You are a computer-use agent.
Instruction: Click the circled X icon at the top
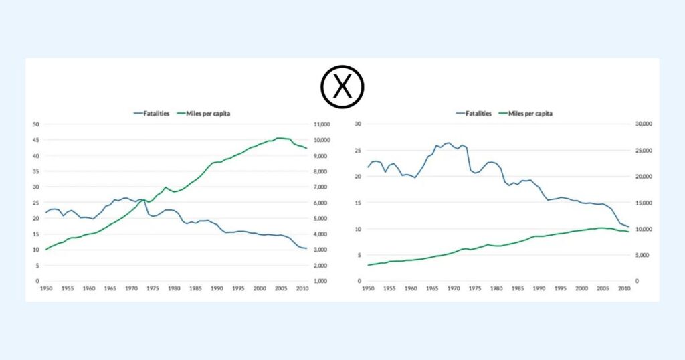pyautogui.click(x=342, y=87)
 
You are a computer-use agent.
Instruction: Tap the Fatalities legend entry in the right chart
pyautogui.click(x=474, y=114)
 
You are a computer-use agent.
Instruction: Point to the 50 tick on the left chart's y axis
pyautogui.click(x=37, y=124)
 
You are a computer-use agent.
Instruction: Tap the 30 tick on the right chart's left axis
pyautogui.click(x=358, y=124)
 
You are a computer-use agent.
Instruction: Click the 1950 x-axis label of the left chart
pyautogui.click(x=46, y=288)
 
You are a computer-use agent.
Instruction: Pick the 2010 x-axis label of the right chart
pyautogui.click(x=623, y=288)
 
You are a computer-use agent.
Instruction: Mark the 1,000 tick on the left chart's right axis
pyautogui.click(x=320, y=281)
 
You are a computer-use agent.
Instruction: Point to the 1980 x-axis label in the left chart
pyautogui.click(x=174, y=288)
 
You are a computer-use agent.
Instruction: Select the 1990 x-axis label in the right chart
pyautogui.click(x=538, y=288)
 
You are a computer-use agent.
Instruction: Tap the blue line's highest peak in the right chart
pyautogui.click(x=448, y=143)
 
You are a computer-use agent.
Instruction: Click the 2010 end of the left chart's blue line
pyautogui.click(x=306, y=249)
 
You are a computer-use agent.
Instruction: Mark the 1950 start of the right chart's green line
pyautogui.click(x=368, y=266)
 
